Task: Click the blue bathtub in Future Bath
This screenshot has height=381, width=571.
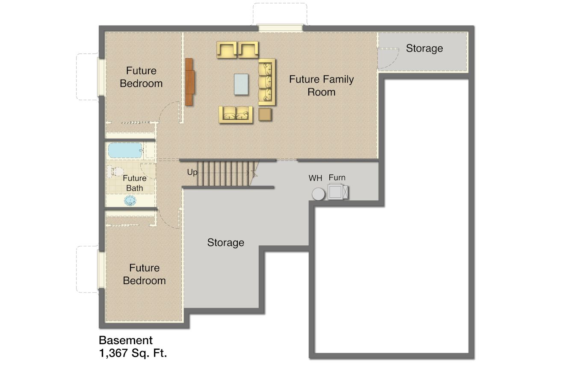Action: pos(125,150)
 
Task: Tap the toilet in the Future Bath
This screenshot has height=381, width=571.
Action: pos(115,171)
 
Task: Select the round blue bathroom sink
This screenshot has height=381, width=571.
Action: pos(130,201)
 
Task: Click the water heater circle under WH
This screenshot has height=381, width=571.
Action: pos(318,194)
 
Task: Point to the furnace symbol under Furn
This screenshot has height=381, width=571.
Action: pos(338,191)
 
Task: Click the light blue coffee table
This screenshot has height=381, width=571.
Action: pos(241,84)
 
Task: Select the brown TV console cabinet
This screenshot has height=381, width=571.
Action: pos(189,82)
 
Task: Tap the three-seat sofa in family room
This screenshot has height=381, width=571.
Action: pos(266,82)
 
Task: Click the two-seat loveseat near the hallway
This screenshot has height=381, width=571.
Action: pos(236,115)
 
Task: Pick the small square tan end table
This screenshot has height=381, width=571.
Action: pos(265,115)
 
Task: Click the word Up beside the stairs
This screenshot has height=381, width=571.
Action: pos(192,172)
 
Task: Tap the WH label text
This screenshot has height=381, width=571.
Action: pos(315,178)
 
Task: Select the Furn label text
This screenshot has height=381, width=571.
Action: pos(337,177)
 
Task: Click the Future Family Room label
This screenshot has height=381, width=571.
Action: pos(322,86)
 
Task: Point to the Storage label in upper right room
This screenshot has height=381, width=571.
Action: pos(424,48)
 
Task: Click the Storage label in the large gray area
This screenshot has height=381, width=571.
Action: pos(225,242)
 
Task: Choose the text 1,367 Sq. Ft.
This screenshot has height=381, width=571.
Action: pos(133,353)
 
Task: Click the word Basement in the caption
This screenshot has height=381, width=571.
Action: pos(126,340)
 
